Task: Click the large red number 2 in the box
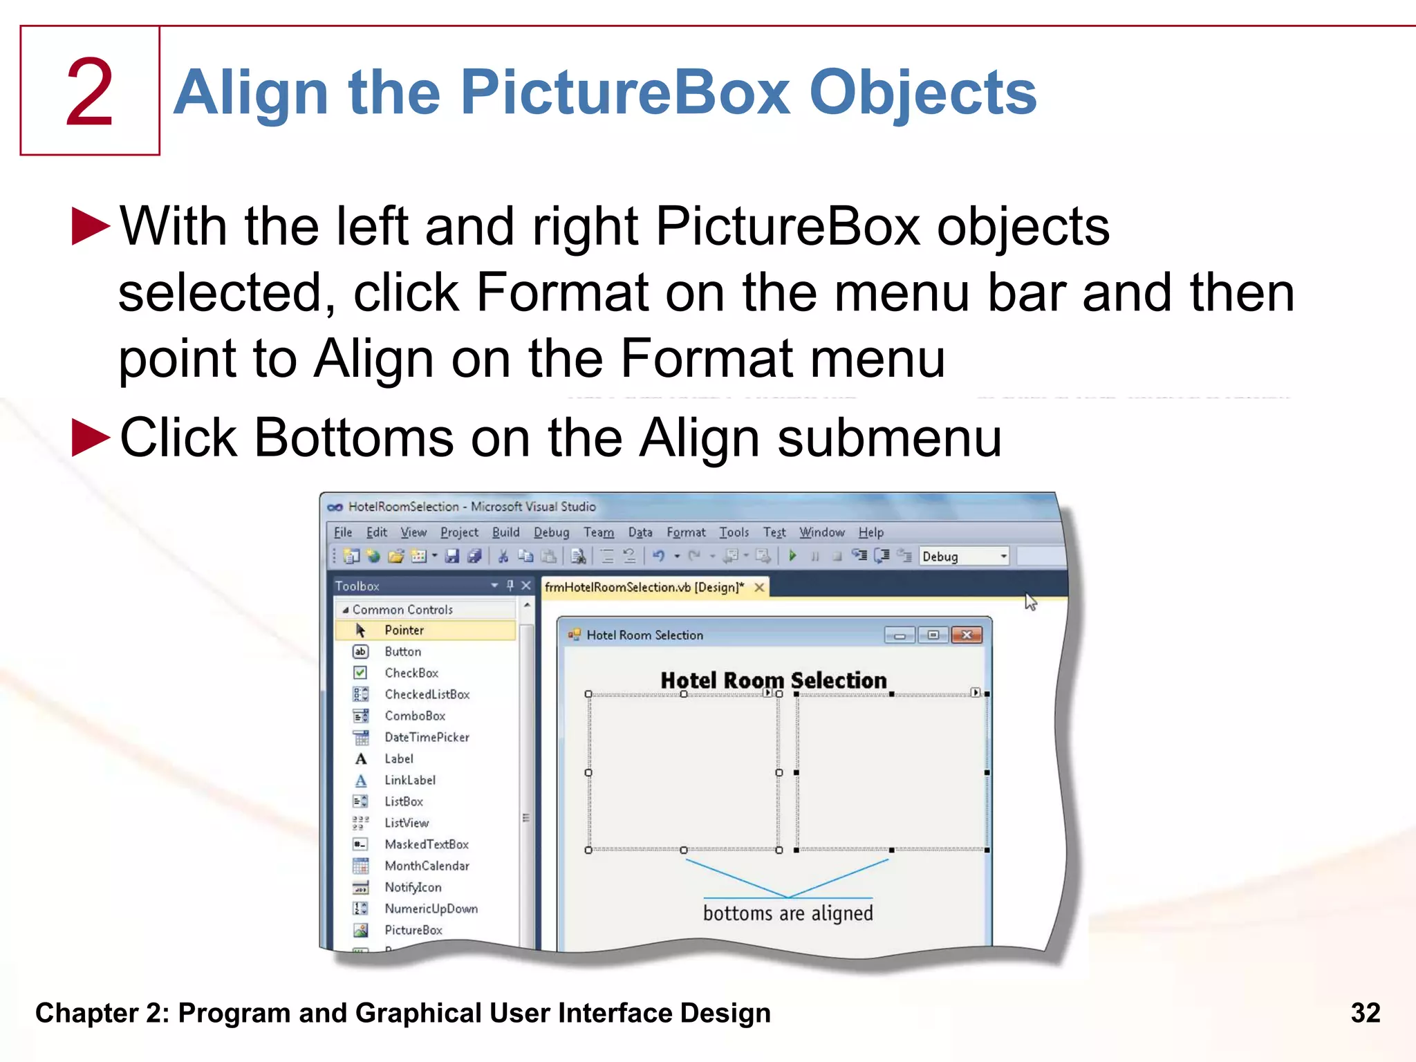click(89, 92)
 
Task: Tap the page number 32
click(1365, 1013)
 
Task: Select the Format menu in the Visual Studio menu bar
click(685, 532)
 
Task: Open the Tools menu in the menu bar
click(734, 532)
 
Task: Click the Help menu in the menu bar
click(870, 532)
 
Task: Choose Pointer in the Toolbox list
click(404, 630)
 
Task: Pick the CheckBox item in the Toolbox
click(411, 673)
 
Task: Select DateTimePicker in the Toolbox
click(427, 737)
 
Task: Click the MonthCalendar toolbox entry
click(427, 866)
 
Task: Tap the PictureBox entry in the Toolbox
click(413, 930)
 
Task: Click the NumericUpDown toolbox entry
click(431, 909)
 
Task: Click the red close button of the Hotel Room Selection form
click(967, 635)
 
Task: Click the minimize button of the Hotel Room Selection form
click(900, 635)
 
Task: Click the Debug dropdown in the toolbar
click(964, 557)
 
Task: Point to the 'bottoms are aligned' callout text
click(788, 913)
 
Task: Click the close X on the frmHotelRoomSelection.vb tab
click(759, 587)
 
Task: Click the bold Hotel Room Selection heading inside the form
click(773, 680)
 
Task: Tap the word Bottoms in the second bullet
click(353, 438)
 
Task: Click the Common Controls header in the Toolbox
click(402, 609)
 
